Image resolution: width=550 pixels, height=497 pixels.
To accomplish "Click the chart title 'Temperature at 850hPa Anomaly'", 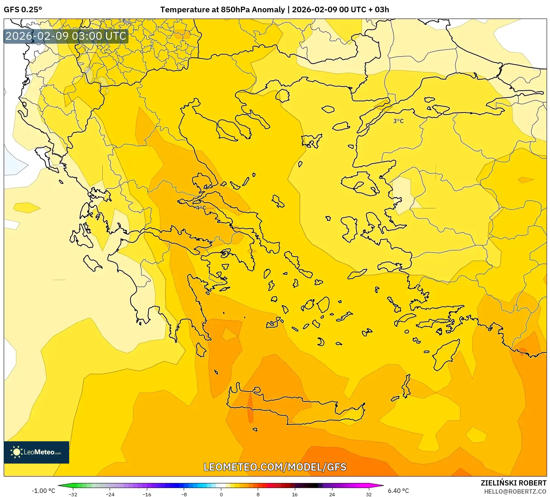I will [222, 10].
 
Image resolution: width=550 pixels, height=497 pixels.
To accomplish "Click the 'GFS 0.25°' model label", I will [23, 10].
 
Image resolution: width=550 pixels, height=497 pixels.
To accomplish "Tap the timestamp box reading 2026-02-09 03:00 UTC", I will [66, 36].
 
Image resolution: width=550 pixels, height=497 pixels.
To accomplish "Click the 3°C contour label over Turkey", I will [398, 121].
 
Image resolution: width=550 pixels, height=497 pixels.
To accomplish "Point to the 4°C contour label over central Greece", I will [201, 208].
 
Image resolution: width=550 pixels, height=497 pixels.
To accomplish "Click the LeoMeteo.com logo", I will [36, 452].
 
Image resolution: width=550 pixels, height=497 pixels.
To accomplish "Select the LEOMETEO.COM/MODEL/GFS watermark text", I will [275, 467].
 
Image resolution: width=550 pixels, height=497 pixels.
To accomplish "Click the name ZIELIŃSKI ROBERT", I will [513, 483].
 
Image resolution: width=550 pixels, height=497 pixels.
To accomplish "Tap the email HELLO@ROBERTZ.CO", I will [515, 491].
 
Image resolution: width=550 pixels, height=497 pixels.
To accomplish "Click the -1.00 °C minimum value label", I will [43, 491].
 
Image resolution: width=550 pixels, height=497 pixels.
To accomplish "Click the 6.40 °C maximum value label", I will [398, 491].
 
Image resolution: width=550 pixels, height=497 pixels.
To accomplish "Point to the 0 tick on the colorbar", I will [221, 494].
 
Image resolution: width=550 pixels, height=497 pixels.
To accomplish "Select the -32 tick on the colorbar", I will [73, 494].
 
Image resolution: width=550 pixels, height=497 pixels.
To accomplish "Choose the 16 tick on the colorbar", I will [295, 494].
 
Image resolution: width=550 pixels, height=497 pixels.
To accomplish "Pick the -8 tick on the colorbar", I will [184, 494].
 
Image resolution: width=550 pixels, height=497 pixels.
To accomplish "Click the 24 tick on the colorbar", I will [332, 494].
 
